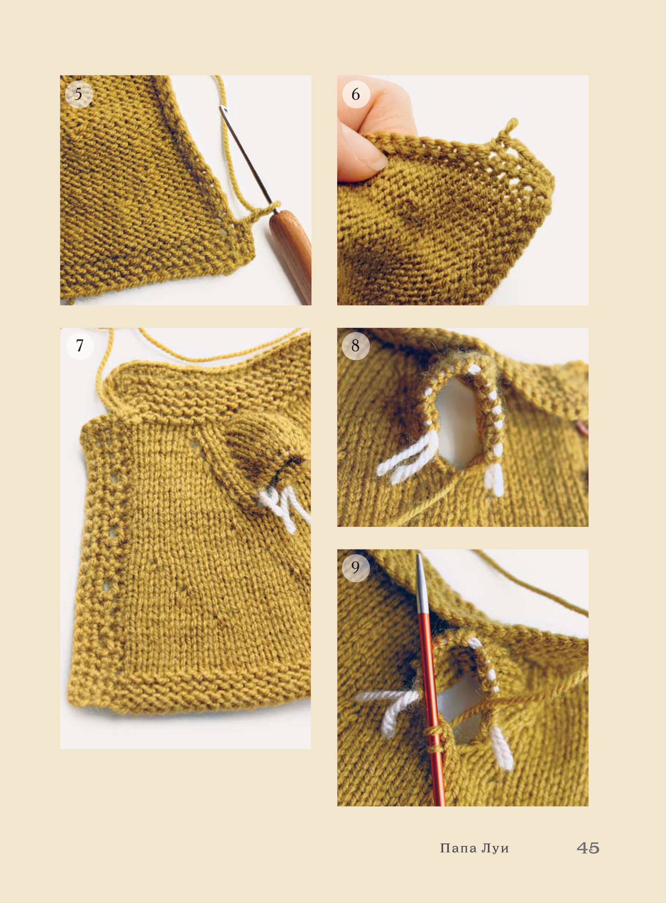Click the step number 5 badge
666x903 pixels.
(79, 94)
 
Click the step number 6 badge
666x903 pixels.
(356, 94)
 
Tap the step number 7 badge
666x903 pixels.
(80, 346)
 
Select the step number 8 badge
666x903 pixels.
(356, 346)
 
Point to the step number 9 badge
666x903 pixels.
(356, 567)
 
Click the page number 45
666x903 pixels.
(588, 848)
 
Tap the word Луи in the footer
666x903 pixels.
(495, 848)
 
